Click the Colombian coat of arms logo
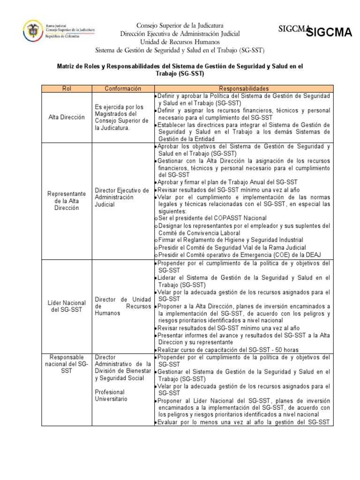point(33,31)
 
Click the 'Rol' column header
point(66,88)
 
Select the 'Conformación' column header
point(122,88)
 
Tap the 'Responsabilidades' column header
point(244,88)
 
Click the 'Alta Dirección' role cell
point(67,117)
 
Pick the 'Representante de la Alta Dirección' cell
point(67,201)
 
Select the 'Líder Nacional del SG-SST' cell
point(67,306)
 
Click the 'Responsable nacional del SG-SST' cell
point(67,364)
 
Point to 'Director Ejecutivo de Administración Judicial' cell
point(122,197)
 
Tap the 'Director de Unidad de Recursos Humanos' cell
point(122,306)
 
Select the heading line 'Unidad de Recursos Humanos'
point(180,42)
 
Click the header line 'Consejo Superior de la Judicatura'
point(180,25)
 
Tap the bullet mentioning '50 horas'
point(228,350)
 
